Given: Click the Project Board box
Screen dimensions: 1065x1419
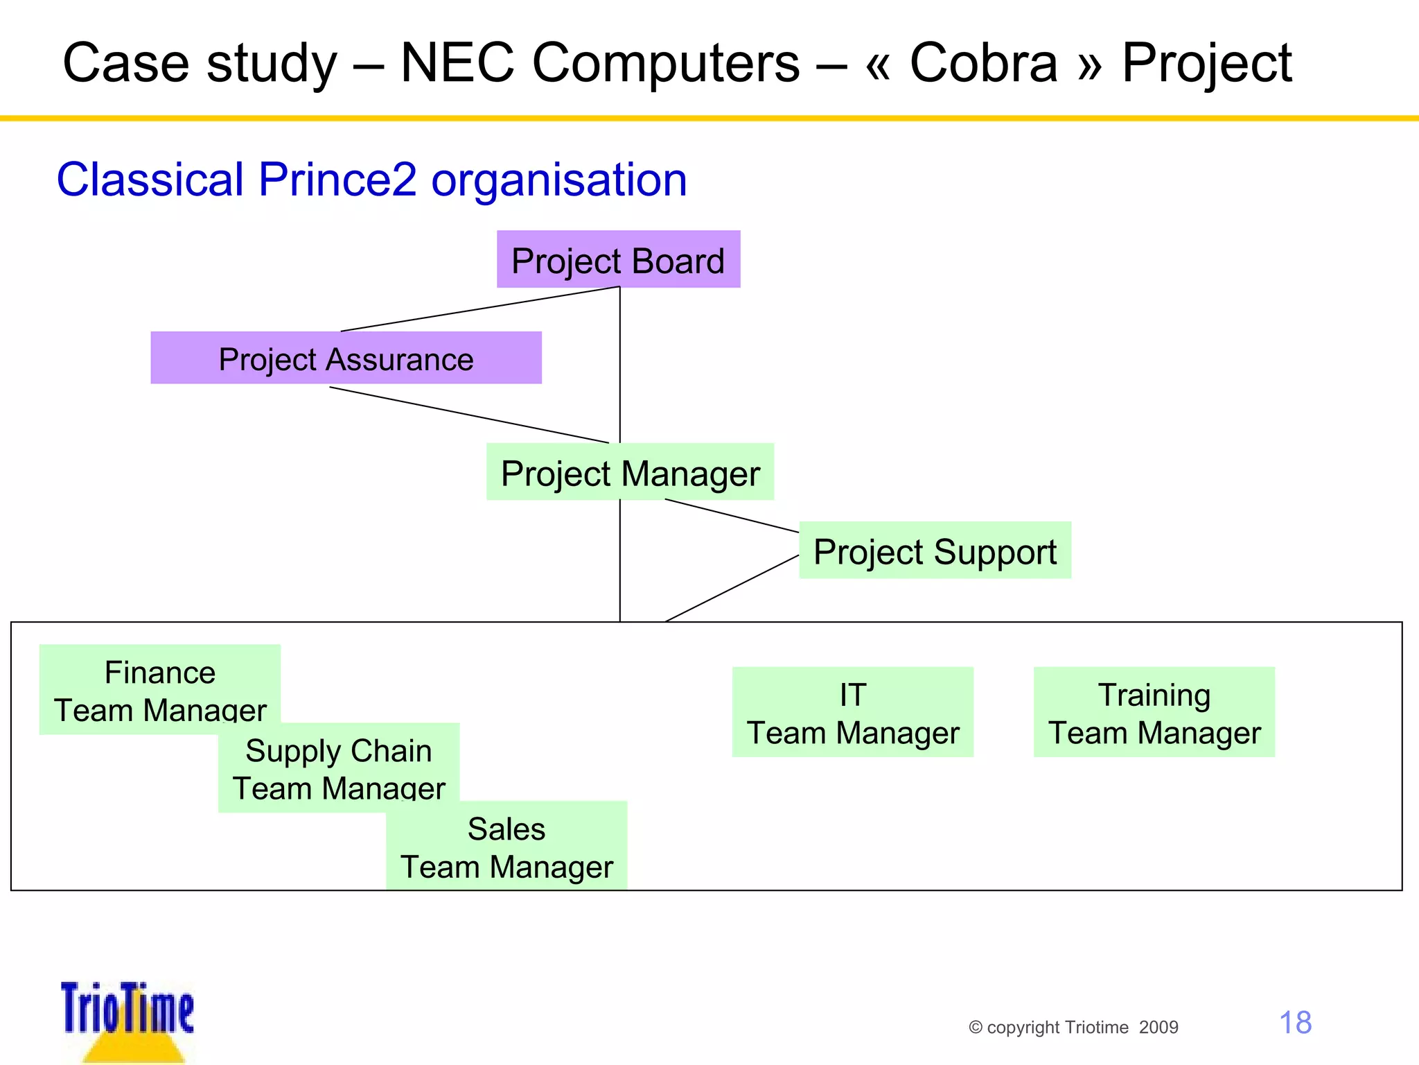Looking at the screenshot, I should click(618, 259).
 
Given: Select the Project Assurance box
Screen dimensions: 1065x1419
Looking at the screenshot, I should click(346, 358).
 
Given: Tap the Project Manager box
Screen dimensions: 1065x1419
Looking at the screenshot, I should click(630, 472).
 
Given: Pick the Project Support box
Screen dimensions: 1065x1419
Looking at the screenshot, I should click(935, 551).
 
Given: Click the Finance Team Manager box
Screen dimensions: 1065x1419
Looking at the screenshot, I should click(159, 689).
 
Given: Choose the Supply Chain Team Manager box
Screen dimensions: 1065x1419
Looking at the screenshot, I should click(338, 768).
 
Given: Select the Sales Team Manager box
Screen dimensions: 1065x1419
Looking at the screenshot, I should click(506, 846).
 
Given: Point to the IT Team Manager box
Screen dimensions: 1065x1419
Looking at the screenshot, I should click(852, 712).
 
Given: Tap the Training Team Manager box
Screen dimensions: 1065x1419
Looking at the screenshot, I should click(1154, 712).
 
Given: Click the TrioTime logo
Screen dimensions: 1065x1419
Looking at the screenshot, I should click(127, 1019).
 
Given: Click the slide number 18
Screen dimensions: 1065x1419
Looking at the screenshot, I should click(1294, 1023).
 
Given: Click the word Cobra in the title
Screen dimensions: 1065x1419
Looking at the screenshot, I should click(983, 63).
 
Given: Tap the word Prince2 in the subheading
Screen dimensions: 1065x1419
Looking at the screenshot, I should click(337, 180).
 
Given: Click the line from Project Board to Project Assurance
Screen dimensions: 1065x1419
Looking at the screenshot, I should click(479, 309).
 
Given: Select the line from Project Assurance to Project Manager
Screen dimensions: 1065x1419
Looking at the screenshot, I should click(468, 415).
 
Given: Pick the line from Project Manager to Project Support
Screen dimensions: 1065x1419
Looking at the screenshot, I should click(732, 516).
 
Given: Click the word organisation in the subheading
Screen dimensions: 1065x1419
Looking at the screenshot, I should click(558, 180).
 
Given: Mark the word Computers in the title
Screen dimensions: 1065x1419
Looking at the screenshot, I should click(666, 63).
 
